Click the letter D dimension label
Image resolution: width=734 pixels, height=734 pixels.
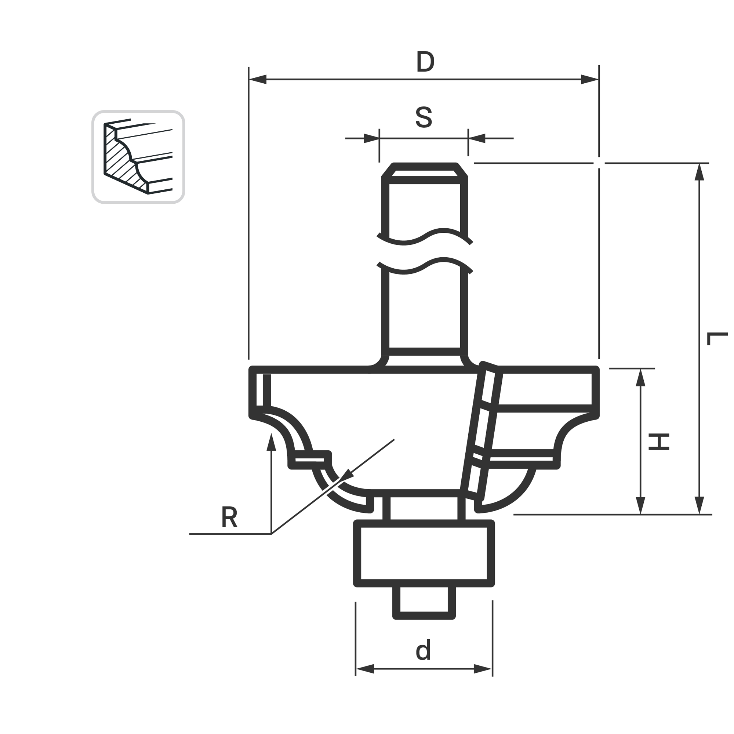coord(425,62)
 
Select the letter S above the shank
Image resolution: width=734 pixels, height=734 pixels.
coord(424,117)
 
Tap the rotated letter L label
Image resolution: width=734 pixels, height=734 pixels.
coord(717,338)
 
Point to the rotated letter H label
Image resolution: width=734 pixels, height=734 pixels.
coord(659,442)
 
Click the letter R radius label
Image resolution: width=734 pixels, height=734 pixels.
coord(229,517)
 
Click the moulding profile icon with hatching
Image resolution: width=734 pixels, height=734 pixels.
coord(138,157)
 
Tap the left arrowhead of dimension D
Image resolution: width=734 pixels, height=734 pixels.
coord(258,79)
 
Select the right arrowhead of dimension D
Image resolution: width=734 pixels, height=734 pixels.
coord(590,79)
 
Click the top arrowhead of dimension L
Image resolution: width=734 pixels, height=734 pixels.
coord(699,172)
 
